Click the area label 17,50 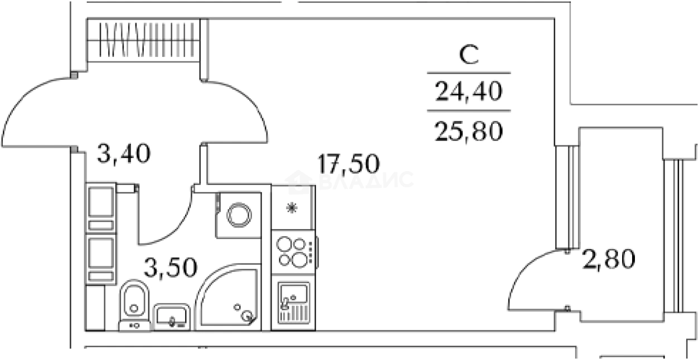click(348, 164)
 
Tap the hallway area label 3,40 click(124, 153)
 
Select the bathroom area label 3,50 click(171, 267)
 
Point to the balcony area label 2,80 click(609, 259)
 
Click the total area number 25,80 click(468, 132)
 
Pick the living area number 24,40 click(469, 91)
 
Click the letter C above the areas click(469, 55)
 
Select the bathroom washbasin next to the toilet click(172, 317)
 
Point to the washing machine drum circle click(239, 215)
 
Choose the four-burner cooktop click(293, 252)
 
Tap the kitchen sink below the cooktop click(293, 303)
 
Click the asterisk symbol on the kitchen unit click(292, 208)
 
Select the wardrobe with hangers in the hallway click(143, 40)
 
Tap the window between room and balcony click(567, 197)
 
